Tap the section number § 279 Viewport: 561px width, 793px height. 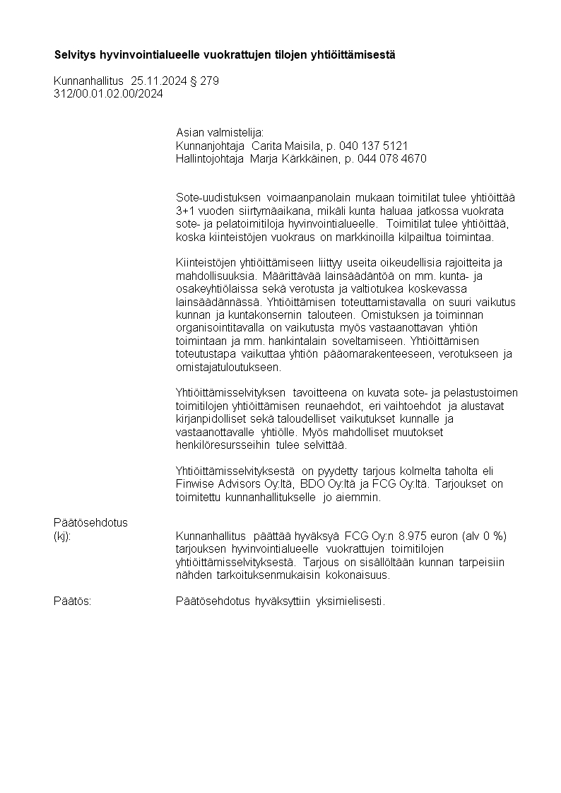point(205,81)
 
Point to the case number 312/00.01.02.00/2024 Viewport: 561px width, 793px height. point(108,93)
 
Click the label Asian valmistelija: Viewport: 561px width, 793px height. point(219,133)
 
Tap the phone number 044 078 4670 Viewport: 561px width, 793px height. point(396,159)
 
